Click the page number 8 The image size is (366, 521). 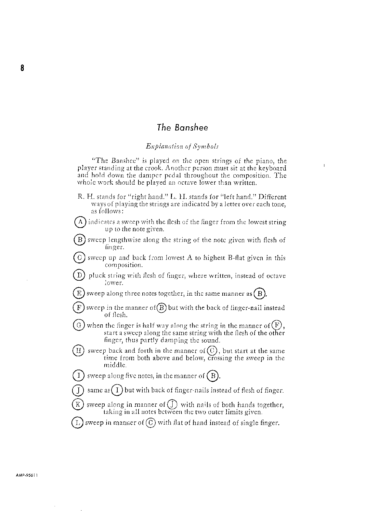[22, 68]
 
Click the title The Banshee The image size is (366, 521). [182, 127]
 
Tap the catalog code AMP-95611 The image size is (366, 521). [27, 475]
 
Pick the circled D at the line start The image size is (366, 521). [79, 275]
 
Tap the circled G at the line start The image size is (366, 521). [78, 325]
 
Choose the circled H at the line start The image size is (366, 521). [78, 351]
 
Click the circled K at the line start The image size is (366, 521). [78, 405]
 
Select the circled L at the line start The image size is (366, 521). [77, 423]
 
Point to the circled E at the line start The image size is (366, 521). [79, 293]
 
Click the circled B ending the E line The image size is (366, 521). [260, 294]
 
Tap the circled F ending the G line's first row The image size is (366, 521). [277, 325]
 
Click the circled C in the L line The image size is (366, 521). [151, 423]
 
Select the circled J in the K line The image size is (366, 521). [172, 405]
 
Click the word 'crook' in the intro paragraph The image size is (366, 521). [154, 168]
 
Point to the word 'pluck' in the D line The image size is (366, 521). [96, 276]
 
